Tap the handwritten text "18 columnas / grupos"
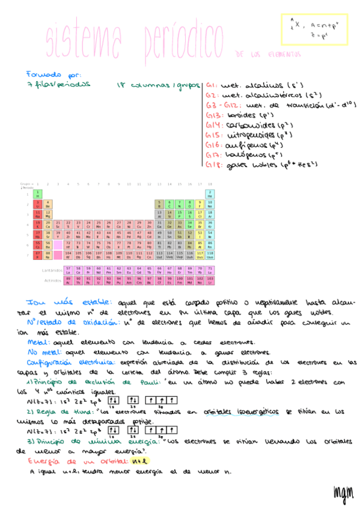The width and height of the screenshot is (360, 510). coord(159,85)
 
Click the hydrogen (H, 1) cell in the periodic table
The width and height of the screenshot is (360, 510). coord(38,194)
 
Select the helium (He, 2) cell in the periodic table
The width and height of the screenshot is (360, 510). coord(210,194)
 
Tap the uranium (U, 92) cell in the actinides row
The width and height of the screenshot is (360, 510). coord(99,280)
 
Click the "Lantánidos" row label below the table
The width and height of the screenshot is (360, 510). coord(52,271)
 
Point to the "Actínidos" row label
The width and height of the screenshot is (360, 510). coord(52,280)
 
